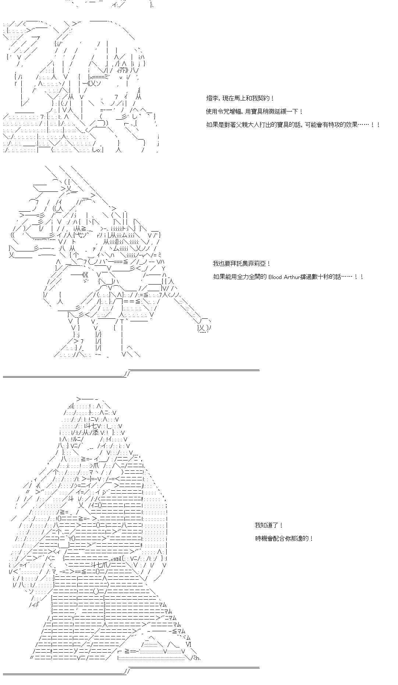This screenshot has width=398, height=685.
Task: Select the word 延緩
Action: coord(286,112)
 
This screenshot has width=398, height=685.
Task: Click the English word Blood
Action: coord(275,277)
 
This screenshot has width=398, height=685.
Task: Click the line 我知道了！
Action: coord(269,525)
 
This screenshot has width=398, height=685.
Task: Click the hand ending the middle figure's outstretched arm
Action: coord(204,327)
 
